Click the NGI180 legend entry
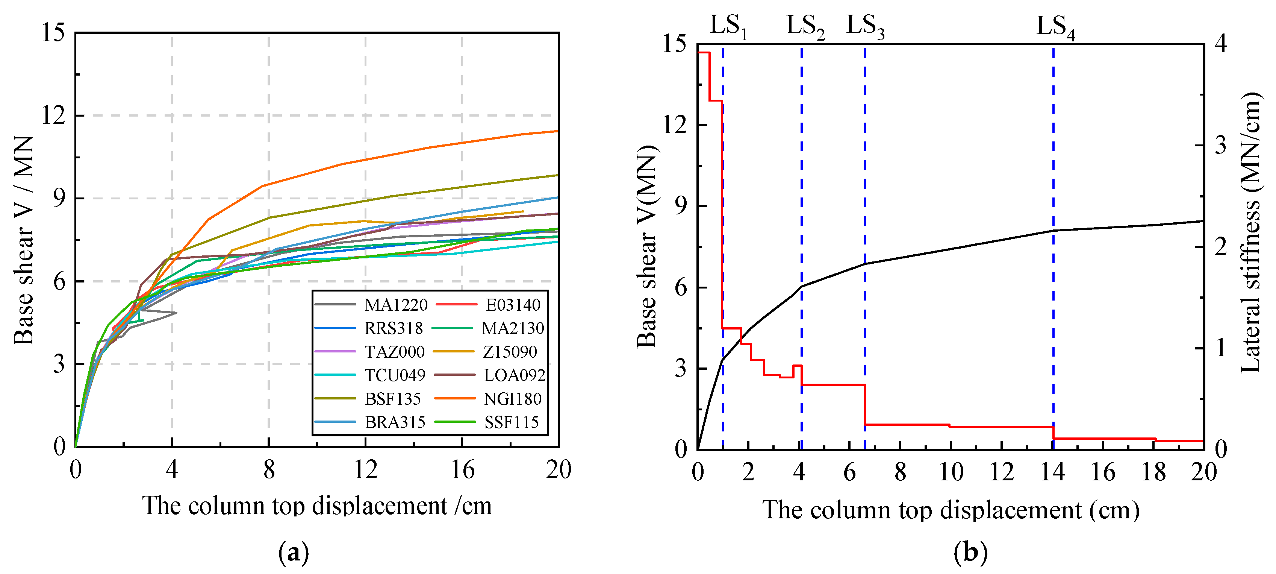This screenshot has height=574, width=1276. [512, 399]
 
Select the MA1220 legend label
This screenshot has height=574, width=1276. [395, 305]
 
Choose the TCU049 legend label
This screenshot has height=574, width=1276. [395, 375]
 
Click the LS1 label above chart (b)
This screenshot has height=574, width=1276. [728, 26]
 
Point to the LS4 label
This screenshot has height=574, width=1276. [1055, 27]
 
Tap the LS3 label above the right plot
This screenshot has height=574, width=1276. [865, 26]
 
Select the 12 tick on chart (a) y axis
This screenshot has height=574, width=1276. [53, 115]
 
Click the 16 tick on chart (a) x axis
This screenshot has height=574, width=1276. [462, 469]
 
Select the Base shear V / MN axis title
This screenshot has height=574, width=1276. [24, 240]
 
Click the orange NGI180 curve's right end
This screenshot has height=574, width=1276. [558, 131]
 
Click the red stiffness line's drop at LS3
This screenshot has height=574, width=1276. [865, 404]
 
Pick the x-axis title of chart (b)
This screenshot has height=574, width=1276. [950, 510]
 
